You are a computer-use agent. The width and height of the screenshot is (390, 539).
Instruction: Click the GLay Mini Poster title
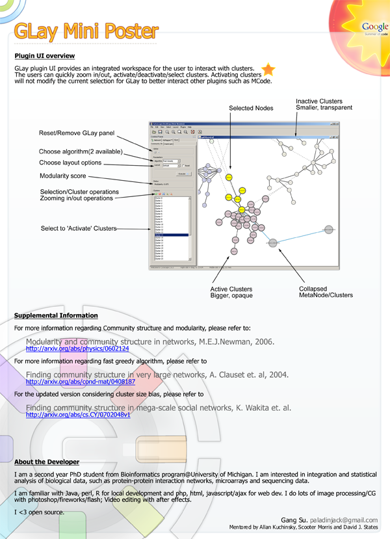[x=86, y=31]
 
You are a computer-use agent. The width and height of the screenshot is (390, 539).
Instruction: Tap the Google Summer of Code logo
[x=375, y=28]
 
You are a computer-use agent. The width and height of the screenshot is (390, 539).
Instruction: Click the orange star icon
[x=268, y=70]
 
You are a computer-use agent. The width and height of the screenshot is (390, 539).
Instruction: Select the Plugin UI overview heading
[x=44, y=56]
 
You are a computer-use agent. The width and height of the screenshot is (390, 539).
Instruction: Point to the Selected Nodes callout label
[x=251, y=107]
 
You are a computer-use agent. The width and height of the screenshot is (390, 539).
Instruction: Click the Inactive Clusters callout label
[x=324, y=105]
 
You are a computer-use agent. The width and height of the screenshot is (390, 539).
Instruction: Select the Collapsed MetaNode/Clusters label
[x=326, y=291]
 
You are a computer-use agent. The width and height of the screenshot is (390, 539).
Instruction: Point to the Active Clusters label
[x=231, y=292]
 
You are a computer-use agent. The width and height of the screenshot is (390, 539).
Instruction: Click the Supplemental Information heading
[x=56, y=316]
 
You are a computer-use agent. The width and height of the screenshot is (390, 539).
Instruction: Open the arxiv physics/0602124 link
[x=77, y=349]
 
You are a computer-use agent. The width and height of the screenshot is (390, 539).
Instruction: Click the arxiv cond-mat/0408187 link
[x=80, y=382]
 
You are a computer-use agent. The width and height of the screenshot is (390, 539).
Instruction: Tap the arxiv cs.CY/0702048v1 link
[x=77, y=414]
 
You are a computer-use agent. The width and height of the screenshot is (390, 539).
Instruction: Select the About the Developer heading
[x=47, y=462]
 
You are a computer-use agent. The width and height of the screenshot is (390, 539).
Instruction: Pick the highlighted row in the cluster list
[x=171, y=235]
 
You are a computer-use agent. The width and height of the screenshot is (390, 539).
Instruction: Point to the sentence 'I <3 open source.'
[x=38, y=513]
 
